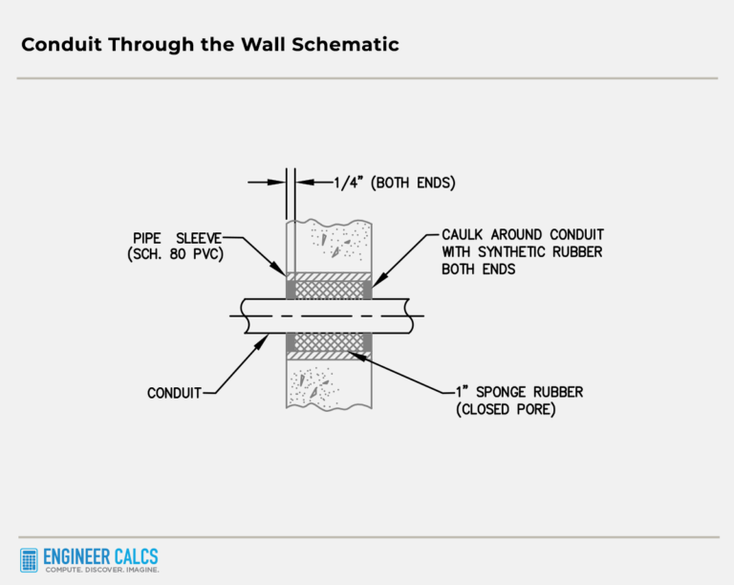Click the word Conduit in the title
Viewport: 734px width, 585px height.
[x=59, y=45]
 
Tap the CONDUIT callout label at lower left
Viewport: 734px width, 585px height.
[x=175, y=392]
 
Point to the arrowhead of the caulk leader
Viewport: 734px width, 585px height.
[x=374, y=284]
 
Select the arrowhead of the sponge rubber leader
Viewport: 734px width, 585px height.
[x=351, y=355]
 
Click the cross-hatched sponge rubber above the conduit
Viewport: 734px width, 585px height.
[x=329, y=289]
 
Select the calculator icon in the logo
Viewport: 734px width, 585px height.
[x=30, y=560]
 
